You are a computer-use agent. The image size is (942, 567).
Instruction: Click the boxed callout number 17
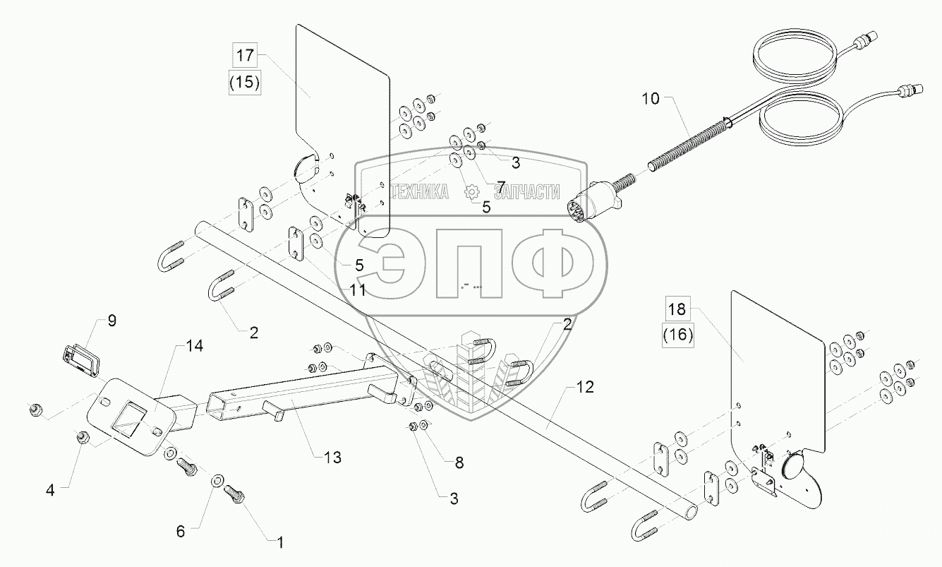click(x=244, y=55)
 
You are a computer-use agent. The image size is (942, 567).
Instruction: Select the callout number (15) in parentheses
click(x=244, y=82)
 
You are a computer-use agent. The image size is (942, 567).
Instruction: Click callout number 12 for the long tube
click(x=585, y=387)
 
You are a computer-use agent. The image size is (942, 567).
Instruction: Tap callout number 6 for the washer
click(x=181, y=532)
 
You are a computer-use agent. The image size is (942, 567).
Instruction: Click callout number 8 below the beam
click(x=459, y=463)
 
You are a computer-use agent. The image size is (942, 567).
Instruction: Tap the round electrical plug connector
click(x=580, y=207)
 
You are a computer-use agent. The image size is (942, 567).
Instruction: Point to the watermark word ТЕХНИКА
click(x=419, y=191)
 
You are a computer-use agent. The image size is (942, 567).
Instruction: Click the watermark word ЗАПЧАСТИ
click(x=526, y=191)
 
